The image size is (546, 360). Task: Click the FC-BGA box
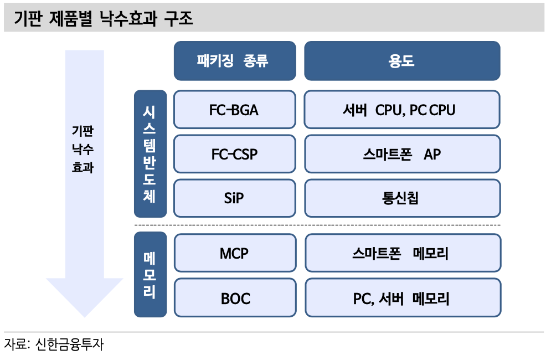(234, 110)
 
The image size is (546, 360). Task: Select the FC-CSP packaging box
(234, 154)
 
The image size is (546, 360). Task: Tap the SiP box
(234, 198)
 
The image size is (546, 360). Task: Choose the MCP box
(234, 254)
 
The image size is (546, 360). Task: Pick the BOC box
(234, 299)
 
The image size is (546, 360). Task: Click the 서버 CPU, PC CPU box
(402, 110)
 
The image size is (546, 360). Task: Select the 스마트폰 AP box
(402, 154)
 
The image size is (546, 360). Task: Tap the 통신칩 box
(402, 198)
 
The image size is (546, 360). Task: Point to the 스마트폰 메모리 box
(402, 254)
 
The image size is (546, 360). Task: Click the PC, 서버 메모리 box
(402, 299)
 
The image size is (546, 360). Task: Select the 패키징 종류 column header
(234, 61)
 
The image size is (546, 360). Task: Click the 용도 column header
(402, 61)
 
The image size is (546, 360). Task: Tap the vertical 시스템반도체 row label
(150, 153)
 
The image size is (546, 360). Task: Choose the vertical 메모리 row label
(150, 275)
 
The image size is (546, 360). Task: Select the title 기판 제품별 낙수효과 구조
(103, 20)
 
